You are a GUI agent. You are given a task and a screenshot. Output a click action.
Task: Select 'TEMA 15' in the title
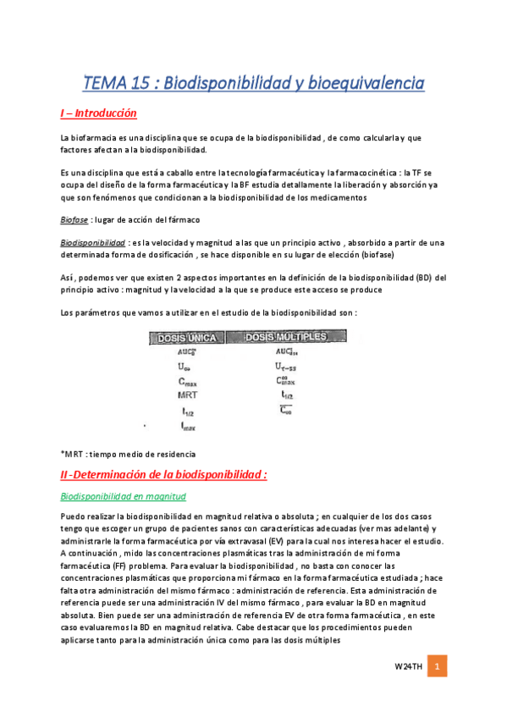tap(116, 83)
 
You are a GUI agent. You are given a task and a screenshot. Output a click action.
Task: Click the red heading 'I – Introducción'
tap(98, 113)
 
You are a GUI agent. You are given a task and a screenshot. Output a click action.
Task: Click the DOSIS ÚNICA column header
tap(187, 338)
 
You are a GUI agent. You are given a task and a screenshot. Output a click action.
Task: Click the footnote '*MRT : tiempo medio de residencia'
tap(128, 454)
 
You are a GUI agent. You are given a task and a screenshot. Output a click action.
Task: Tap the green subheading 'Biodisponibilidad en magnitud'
tap(124, 496)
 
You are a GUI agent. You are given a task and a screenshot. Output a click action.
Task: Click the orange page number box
tap(438, 668)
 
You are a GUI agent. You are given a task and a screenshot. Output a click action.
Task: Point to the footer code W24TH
tap(408, 669)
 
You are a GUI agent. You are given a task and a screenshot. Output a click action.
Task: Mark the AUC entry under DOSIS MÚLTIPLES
tap(285, 351)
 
